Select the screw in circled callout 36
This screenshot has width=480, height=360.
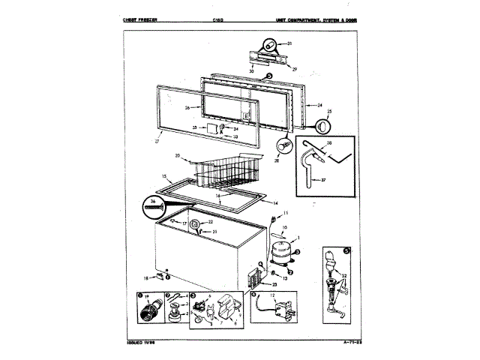pyautogui.click(x=154, y=203)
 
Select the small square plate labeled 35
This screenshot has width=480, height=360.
pyautogui.click(x=214, y=129)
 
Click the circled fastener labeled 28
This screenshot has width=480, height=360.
pyautogui.click(x=285, y=144)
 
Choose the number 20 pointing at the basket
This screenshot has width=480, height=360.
pyautogui.click(x=177, y=156)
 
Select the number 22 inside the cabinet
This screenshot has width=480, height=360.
pyautogui.click(x=211, y=222)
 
